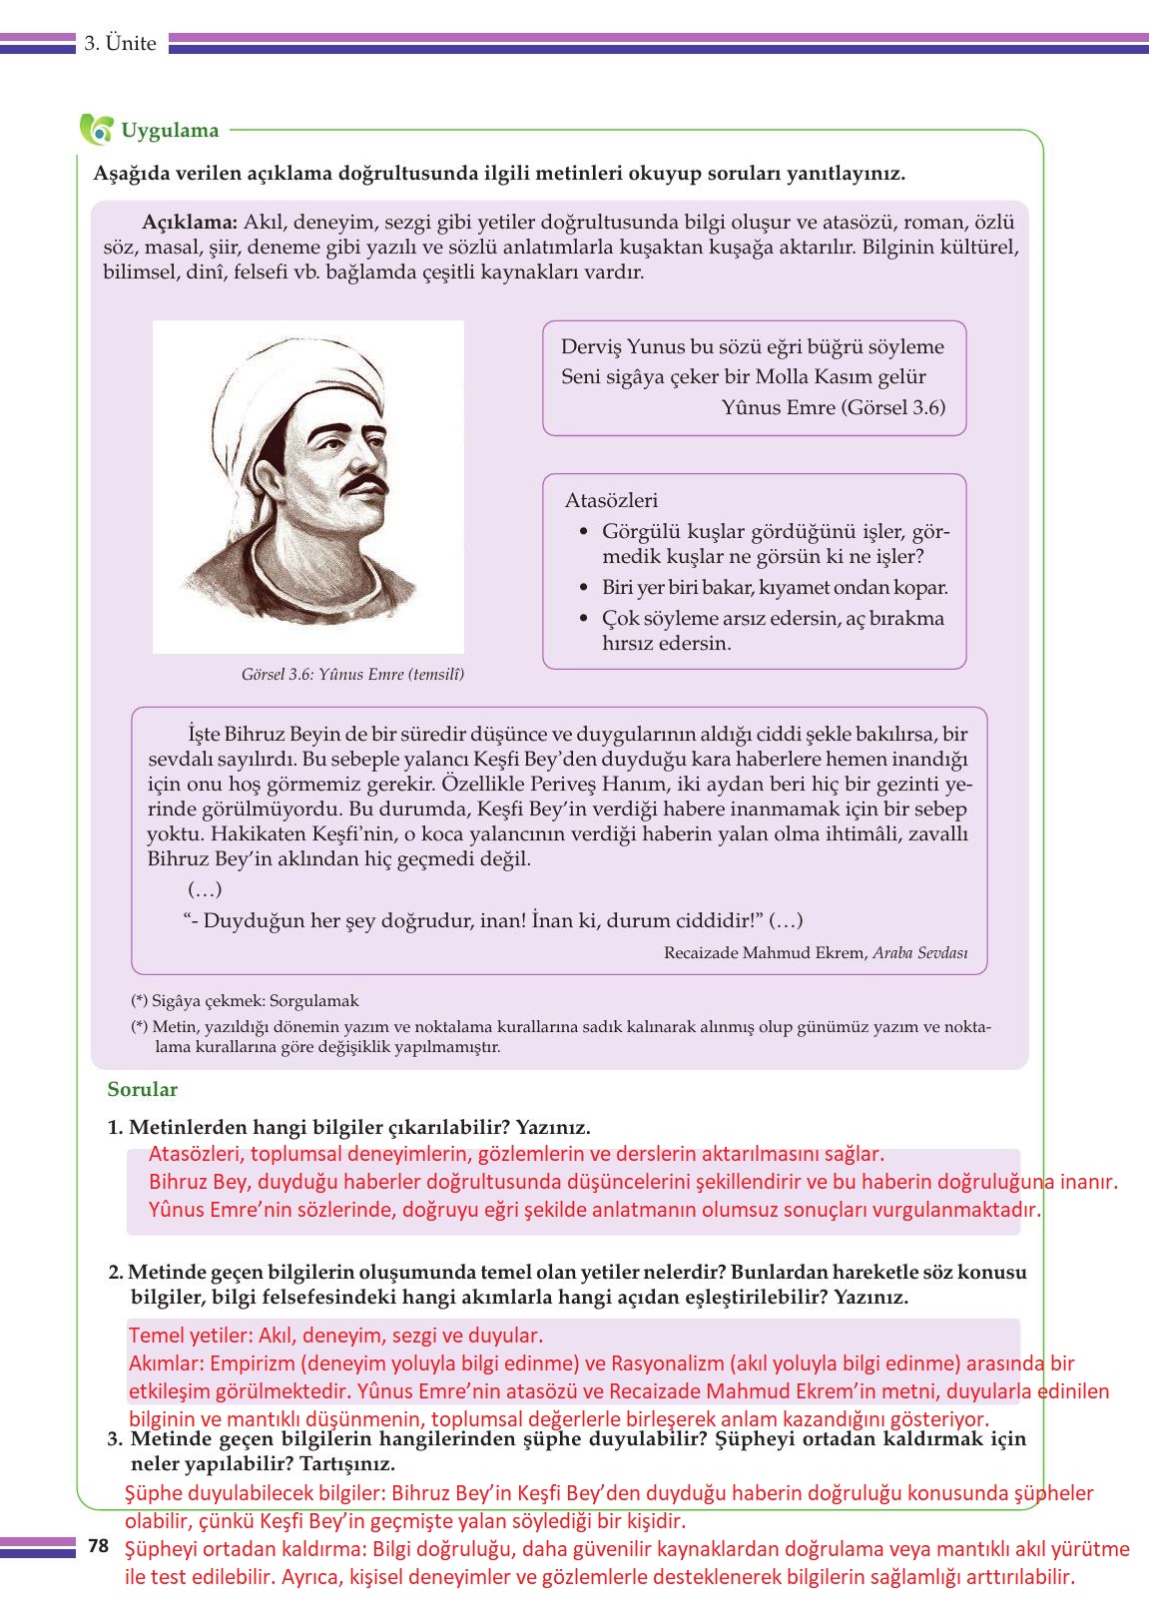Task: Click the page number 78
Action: click(x=98, y=1546)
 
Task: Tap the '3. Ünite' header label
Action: click(x=120, y=43)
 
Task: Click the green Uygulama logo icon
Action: click(x=97, y=129)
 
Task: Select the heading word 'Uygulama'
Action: click(x=170, y=130)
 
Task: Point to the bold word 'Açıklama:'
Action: click(x=190, y=222)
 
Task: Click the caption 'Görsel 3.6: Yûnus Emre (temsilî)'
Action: click(x=352, y=674)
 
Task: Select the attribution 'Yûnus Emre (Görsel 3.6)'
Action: click(x=833, y=406)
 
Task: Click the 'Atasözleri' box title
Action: click(x=611, y=500)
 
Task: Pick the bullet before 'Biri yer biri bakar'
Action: click(x=584, y=588)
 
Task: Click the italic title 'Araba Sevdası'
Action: click(x=919, y=952)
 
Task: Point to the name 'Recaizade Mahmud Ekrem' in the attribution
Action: click(x=765, y=952)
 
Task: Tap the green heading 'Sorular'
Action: click(x=143, y=1089)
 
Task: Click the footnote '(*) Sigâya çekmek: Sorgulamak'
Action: click(x=245, y=1000)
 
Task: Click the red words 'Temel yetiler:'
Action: click(x=191, y=1335)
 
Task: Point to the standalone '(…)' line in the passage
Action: click(x=205, y=888)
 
